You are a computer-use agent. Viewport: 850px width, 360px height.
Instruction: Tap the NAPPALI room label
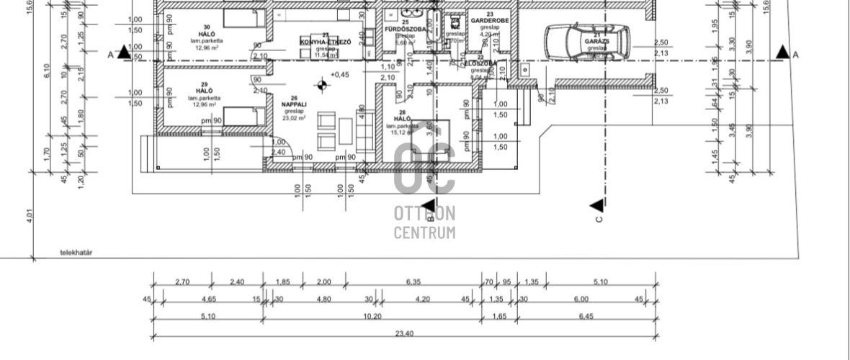pyautogui.click(x=294, y=104)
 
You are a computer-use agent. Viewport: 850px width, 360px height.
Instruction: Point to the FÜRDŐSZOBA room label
pyautogui.click(x=406, y=29)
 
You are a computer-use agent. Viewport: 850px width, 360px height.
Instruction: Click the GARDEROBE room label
pyautogui.click(x=490, y=21)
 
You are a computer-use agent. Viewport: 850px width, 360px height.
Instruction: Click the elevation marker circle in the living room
pyautogui.click(x=321, y=84)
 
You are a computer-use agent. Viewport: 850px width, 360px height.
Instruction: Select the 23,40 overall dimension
pyautogui.click(x=403, y=333)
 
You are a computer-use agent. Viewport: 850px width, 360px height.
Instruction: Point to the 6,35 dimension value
pyautogui.click(x=413, y=282)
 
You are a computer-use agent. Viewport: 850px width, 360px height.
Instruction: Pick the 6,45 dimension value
pyautogui.click(x=586, y=316)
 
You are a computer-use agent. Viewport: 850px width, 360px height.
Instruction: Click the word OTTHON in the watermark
pyautogui.click(x=424, y=214)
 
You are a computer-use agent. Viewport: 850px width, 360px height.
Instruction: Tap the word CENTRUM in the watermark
pyautogui.click(x=424, y=233)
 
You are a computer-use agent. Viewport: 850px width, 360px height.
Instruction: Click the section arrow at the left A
pyautogui.click(x=124, y=52)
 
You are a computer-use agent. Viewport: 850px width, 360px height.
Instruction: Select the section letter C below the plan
pyautogui.click(x=599, y=219)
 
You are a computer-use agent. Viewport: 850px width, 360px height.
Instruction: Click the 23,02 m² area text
pyautogui.click(x=294, y=118)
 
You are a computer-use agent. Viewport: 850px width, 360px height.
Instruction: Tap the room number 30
pyautogui.click(x=205, y=27)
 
